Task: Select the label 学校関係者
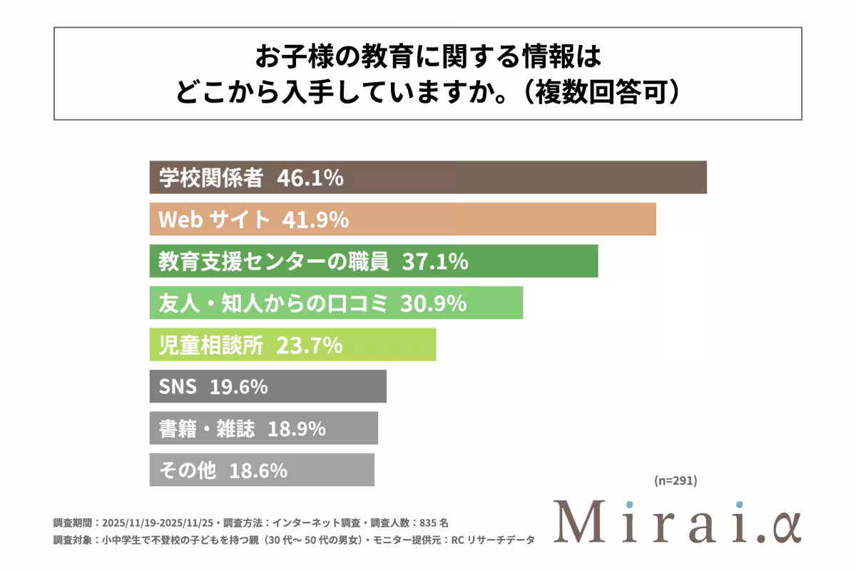211,178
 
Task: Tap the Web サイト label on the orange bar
214,220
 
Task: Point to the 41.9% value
315,220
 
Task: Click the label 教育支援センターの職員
274,262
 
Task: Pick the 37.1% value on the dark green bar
435,262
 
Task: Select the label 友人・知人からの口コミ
272,303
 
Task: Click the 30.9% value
433,303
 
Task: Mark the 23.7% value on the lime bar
310,345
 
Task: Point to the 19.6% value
239,387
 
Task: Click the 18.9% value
297,428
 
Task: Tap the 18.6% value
258,470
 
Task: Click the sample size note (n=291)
675,480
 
